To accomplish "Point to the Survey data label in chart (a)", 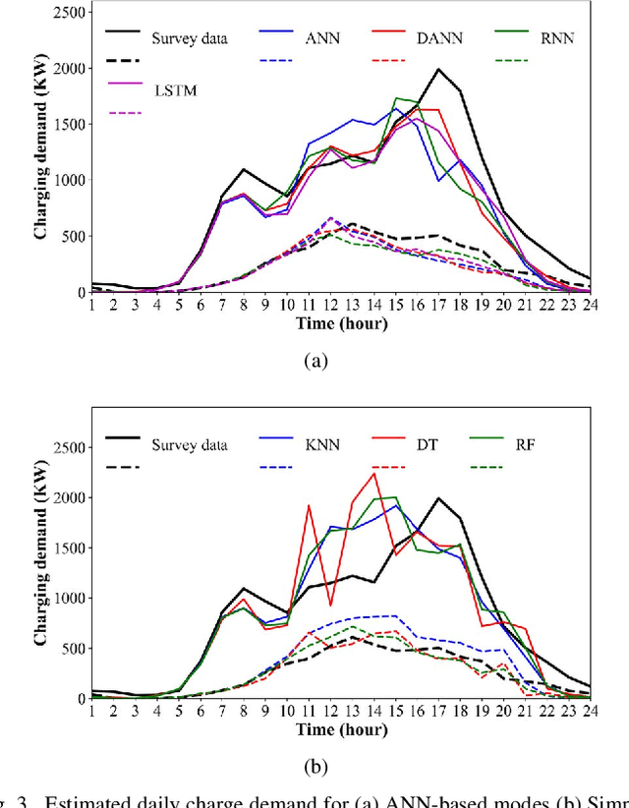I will click(190, 39).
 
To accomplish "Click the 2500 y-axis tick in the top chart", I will click(67, 13).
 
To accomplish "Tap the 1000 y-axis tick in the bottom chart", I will click(67, 598).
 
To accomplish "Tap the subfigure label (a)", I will click(314, 362).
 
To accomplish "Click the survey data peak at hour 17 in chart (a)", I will click(438, 69).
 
